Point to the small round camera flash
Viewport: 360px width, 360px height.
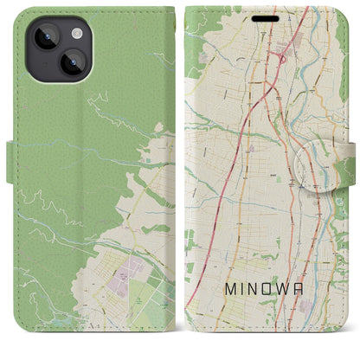click(x=76, y=32)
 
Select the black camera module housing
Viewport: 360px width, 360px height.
click(x=56, y=48)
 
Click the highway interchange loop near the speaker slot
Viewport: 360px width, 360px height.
click(x=282, y=58)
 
